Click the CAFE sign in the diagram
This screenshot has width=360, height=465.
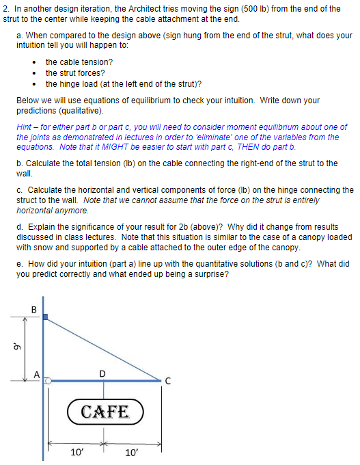(104, 412)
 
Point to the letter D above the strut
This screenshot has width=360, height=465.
(102, 373)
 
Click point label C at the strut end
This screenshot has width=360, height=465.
(167, 382)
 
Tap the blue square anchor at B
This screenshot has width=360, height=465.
(45, 317)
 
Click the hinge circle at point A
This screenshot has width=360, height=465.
(48, 381)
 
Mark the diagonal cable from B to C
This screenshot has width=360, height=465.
(102, 348)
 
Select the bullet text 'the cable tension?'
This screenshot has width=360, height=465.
(79, 62)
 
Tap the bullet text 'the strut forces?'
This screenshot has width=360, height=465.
(75, 72)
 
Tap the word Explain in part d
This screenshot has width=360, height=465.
(40, 226)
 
